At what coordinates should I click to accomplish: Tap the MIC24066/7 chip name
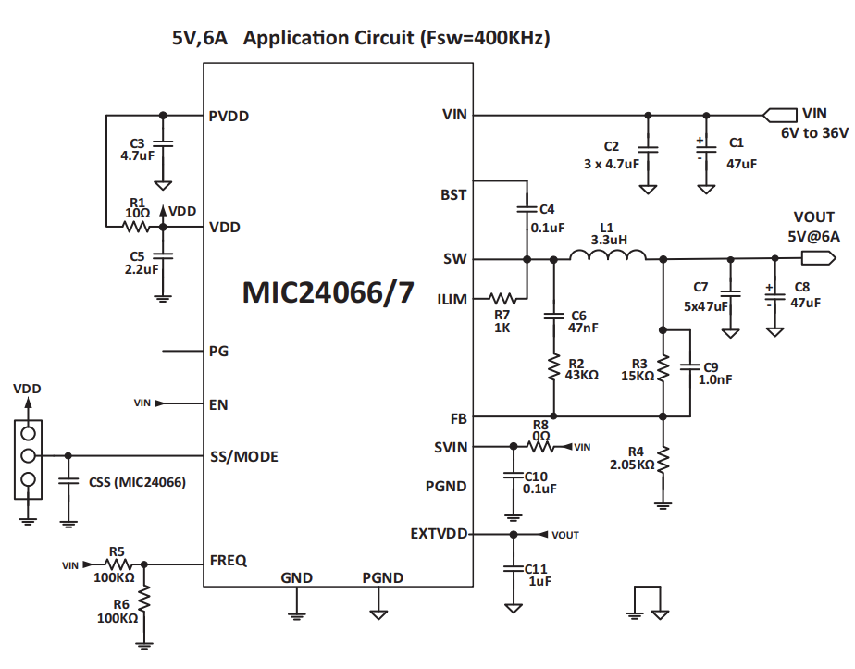(x=328, y=292)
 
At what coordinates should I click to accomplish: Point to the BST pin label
(x=453, y=195)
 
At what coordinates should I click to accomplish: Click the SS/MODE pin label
(x=244, y=456)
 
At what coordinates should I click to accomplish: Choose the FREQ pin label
(x=229, y=561)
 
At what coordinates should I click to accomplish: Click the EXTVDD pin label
(x=439, y=534)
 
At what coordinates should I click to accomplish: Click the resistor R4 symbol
(x=663, y=460)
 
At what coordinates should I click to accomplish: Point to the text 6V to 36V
(x=813, y=133)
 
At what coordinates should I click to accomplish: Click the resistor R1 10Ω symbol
(x=137, y=226)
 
